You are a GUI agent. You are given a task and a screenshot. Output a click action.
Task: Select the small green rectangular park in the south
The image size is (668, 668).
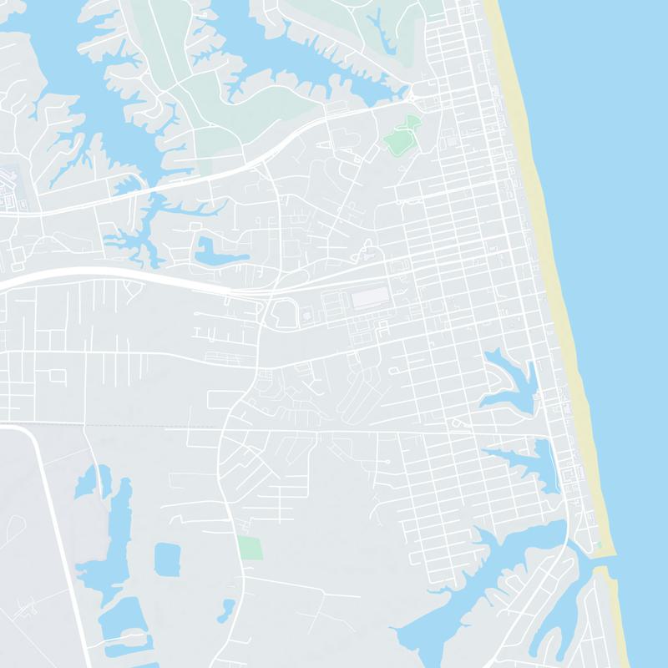click(x=249, y=548)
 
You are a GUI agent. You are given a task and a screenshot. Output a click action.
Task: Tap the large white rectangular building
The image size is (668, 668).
click(x=369, y=298)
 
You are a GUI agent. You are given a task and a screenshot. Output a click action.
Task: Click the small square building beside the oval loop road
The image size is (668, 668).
click(x=306, y=316)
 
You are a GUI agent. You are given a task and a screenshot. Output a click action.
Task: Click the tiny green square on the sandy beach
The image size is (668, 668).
click(x=599, y=545)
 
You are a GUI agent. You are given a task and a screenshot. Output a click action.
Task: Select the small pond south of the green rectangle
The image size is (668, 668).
click(x=225, y=610)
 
